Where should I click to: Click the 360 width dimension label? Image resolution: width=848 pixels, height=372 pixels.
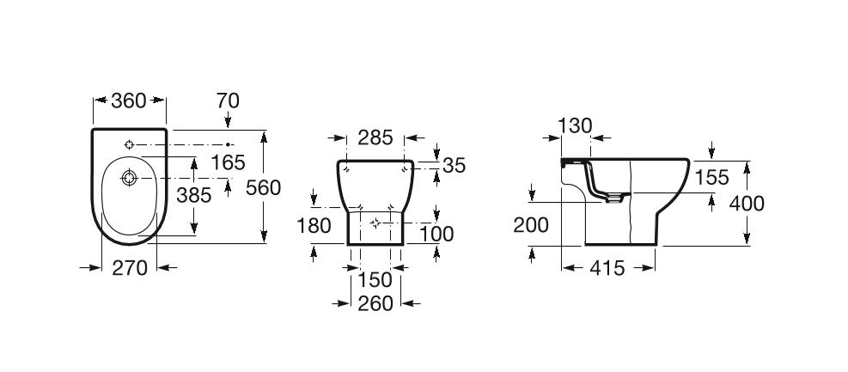click(129, 101)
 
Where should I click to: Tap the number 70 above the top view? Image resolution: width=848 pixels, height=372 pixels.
click(228, 101)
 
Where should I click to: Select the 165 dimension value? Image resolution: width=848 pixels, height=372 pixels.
click(228, 162)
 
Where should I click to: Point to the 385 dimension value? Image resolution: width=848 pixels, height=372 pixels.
click(193, 195)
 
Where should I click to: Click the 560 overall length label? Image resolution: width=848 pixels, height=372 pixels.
click(263, 187)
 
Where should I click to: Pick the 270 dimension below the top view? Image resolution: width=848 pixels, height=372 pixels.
click(129, 268)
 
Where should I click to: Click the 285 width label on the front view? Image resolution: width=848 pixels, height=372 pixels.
click(375, 137)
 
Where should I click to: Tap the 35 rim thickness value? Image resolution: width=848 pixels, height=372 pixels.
click(454, 166)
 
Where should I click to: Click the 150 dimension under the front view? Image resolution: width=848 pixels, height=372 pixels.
click(375, 280)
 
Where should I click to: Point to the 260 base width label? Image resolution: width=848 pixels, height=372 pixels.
click(375, 303)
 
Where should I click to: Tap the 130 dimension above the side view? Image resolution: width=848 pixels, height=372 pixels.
click(575, 125)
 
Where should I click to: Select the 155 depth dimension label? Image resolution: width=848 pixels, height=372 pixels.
click(711, 178)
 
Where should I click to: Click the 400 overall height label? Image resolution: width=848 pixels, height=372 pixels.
click(746, 204)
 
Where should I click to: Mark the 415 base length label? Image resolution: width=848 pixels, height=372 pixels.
click(607, 268)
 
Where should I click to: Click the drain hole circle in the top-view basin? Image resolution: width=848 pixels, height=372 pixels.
click(128, 179)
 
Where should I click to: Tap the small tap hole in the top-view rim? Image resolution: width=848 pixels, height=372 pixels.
click(128, 143)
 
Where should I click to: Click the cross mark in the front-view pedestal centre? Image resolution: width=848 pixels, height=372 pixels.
click(375, 223)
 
